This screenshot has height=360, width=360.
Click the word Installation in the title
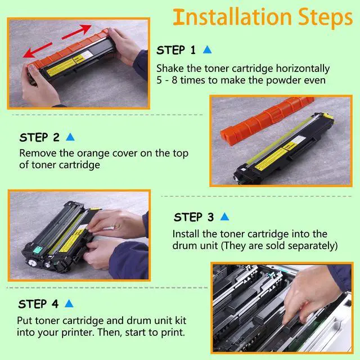[232, 17]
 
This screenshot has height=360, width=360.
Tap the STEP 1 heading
[176, 50]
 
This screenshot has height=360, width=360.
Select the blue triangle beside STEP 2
[70, 137]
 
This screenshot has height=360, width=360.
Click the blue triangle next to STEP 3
[224, 217]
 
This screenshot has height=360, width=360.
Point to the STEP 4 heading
[38, 304]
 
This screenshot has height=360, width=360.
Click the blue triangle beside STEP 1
[207, 49]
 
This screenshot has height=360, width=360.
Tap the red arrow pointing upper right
[76, 31]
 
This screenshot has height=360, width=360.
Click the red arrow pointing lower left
[38, 50]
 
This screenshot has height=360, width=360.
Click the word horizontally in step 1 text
[303, 69]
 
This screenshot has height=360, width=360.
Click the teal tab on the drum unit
[38, 250]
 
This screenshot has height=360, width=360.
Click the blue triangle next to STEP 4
[69, 304]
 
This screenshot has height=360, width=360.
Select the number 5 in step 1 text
[159, 80]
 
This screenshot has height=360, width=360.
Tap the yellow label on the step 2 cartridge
[271, 159]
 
